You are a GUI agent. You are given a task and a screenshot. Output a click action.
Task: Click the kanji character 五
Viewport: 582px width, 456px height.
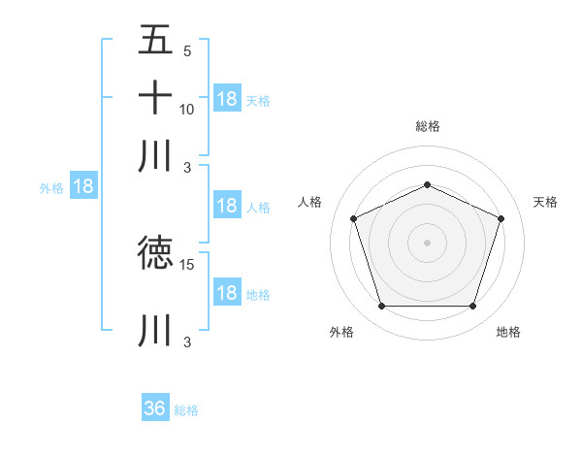coord(155,42)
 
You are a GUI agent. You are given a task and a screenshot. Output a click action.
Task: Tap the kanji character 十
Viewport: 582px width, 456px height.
coord(155,98)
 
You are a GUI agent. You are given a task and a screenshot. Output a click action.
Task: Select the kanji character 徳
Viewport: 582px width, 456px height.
coord(155,253)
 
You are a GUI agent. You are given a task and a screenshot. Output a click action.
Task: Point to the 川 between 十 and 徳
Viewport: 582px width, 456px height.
coord(155,155)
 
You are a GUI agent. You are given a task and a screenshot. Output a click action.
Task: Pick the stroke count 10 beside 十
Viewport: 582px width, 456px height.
coord(187,109)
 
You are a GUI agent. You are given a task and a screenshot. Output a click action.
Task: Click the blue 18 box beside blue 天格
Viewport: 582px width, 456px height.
coord(227,99)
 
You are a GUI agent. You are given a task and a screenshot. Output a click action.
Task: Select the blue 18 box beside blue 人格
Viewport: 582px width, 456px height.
coord(227,206)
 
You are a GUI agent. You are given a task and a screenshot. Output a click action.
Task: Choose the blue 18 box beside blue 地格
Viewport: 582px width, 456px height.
coord(227,294)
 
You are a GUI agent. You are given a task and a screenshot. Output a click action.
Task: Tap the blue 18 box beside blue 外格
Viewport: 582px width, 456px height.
coord(83,187)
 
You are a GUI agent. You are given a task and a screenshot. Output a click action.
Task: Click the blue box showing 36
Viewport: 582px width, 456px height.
coord(155,408)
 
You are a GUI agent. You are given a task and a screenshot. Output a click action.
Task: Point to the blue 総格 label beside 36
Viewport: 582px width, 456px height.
coord(187,410)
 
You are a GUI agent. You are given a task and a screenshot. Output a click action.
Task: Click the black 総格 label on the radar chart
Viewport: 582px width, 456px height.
coord(427,126)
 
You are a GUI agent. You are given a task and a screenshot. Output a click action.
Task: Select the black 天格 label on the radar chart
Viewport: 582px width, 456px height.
coord(545,202)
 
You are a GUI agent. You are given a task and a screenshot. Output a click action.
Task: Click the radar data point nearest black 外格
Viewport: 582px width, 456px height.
coord(381,307)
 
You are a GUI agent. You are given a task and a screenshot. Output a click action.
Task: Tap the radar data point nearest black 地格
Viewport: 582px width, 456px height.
coord(473,307)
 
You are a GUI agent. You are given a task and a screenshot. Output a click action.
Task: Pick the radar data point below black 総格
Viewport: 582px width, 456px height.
coord(427,184)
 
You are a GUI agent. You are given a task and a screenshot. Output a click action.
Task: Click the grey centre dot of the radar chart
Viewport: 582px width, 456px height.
coord(427,243)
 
